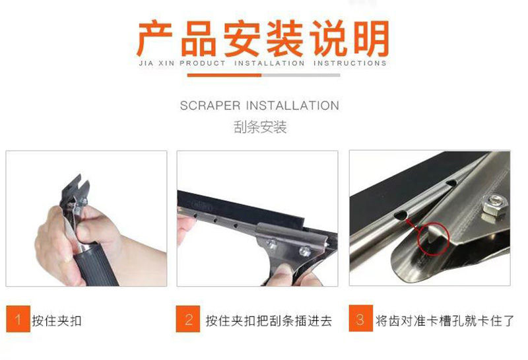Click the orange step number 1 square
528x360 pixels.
click(x=18, y=318)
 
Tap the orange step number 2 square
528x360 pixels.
click(x=188, y=318)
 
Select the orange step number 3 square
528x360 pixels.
click(x=360, y=318)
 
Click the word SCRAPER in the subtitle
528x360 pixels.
click(x=210, y=106)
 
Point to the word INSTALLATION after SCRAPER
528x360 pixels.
click(x=292, y=106)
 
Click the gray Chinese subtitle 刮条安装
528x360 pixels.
click(x=260, y=127)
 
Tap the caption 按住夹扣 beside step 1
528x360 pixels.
click(x=57, y=320)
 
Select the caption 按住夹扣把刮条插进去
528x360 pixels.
click(x=269, y=320)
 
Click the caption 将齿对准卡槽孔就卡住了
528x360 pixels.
click(x=445, y=320)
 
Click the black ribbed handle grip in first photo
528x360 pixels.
click(x=96, y=265)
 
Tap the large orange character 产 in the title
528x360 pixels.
click(x=155, y=38)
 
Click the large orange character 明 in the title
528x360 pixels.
click(x=371, y=38)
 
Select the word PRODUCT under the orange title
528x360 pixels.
click(x=203, y=63)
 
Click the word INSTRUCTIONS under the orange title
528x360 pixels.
click(x=350, y=63)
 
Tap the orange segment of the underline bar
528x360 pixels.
click(x=224, y=75)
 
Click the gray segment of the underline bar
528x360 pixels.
click(x=301, y=75)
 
